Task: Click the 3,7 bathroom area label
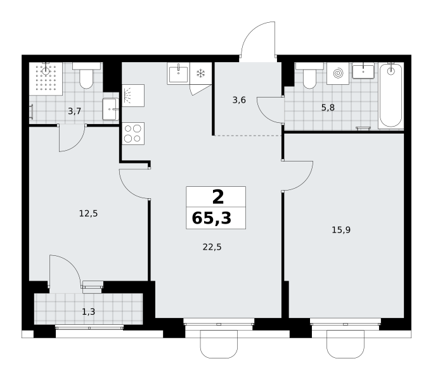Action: click(75, 111)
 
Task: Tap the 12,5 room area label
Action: click(88, 213)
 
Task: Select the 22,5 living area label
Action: click(212, 247)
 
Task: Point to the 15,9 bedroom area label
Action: click(341, 230)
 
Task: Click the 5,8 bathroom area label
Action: click(328, 107)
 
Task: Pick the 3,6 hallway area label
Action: click(239, 100)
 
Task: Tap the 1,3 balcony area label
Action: click(89, 312)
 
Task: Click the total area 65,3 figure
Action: click(212, 218)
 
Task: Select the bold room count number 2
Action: click(218, 197)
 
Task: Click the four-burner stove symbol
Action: click(133, 134)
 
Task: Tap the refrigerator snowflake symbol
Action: click(201, 73)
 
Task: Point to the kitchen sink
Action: click(178, 73)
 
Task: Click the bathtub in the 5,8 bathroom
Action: click(391, 96)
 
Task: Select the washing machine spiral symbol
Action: click(338, 73)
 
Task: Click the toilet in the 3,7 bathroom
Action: click(86, 75)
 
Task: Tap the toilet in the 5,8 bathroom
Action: click(309, 75)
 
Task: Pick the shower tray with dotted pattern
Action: click(46, 79)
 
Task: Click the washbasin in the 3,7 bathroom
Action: click(110, 110)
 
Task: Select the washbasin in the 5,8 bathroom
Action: click(363, 71)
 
